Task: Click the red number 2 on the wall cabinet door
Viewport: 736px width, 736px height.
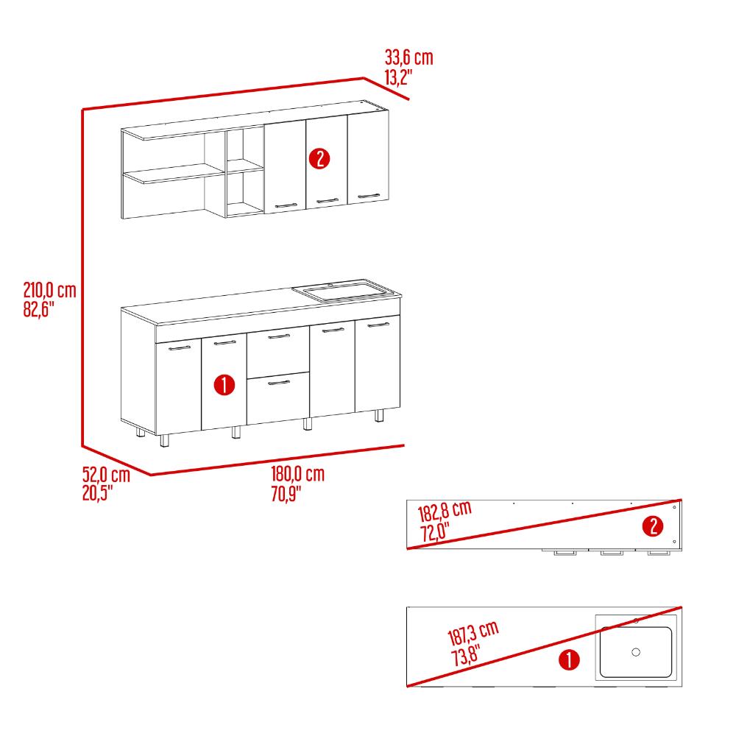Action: point(319,159)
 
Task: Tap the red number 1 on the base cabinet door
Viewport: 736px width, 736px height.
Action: point(224,385)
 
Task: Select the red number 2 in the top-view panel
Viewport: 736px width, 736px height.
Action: point(653,526)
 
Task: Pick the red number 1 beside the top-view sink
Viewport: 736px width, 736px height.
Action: point(569,660)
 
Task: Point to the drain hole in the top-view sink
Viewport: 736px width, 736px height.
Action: point(636,652)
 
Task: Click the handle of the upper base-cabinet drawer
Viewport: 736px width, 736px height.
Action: point(279,336)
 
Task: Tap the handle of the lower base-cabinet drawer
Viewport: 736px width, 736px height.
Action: point(279,383)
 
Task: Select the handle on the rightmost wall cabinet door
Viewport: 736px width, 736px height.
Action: point(369,196)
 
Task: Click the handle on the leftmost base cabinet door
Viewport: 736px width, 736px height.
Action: point(180,348)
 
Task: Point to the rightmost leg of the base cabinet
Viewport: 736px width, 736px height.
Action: point(379,415)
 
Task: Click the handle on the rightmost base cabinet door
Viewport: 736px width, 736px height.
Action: point(378,325)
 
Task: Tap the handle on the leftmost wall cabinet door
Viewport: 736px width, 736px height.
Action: point(286,205)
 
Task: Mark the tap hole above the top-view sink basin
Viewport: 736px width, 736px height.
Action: point(637,621)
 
